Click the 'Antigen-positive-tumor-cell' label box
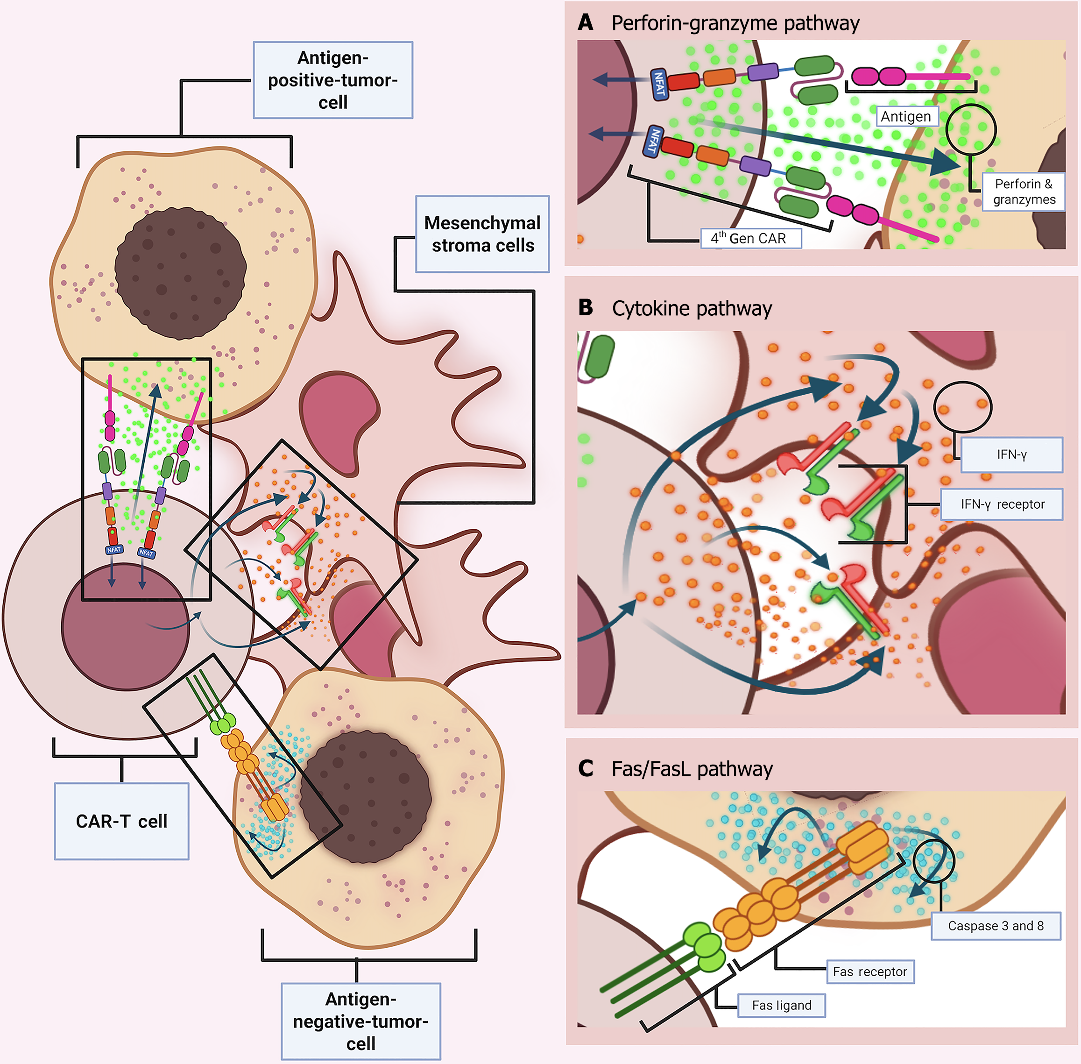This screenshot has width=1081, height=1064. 333,80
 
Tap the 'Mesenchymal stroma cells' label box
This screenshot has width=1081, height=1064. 482,234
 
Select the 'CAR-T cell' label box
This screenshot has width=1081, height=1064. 121,821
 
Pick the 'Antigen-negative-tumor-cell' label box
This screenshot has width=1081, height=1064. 360,1021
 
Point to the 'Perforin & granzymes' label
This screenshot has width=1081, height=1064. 1024,192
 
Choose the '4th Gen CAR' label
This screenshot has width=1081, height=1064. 750,238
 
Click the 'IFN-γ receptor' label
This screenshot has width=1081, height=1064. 1002,504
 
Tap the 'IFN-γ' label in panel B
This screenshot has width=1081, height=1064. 1011,454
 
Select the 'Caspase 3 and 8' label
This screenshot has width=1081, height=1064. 996,926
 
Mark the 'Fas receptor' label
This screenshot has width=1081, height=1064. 870,972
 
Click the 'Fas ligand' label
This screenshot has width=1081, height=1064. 781,1005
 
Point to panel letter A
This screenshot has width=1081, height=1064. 585,22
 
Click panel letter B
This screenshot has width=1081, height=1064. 585,307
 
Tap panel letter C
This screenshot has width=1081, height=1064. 585,768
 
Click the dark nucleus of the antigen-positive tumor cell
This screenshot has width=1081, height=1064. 180,273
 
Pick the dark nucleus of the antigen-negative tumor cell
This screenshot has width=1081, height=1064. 366,796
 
